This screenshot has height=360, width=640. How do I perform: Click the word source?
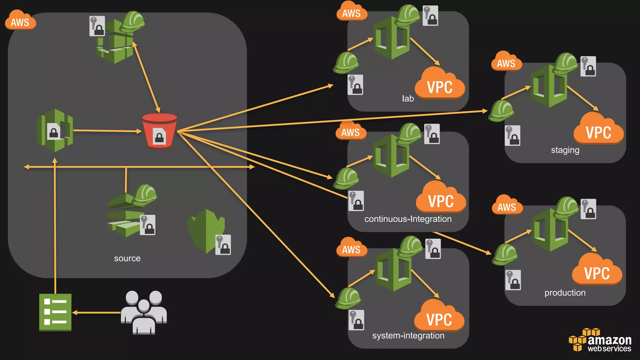(x=127, y=258)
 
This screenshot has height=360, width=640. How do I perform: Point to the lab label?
(x=407, y=98)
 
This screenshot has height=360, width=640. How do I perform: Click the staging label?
(x=565, y=150)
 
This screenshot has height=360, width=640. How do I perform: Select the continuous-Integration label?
(x=408, y=219)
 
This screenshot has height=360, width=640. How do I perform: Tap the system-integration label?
(x=408, y=335)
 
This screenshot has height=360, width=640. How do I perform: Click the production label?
(x=565, y=292)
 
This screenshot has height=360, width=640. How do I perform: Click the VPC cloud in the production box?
(x=597, y=270)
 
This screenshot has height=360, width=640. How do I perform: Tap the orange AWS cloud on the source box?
(x=20, y=21)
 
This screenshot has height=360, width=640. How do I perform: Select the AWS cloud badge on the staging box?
(x=506, y=62)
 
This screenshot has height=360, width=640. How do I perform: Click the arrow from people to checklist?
(x=97, y=312)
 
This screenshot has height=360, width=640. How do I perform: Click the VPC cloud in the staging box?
(x=598, y=129)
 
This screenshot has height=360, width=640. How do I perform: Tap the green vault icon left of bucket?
(x=55, y=130)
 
